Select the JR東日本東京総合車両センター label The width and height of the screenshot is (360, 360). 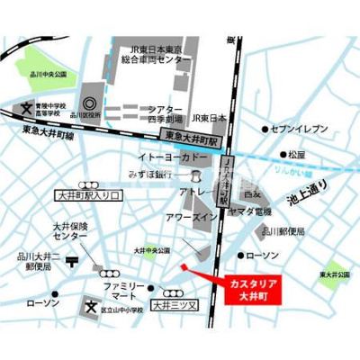(158, 52)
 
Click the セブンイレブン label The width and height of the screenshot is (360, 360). (309, 130)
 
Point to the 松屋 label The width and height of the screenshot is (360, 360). (296, 155)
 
